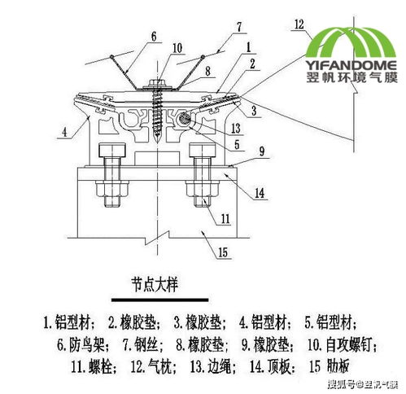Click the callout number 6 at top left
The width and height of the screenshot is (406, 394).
click(x=151, y=37)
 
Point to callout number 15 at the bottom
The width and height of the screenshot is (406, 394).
click(x=221, y=252)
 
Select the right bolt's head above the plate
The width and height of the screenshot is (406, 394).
click(x=200, y=151)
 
